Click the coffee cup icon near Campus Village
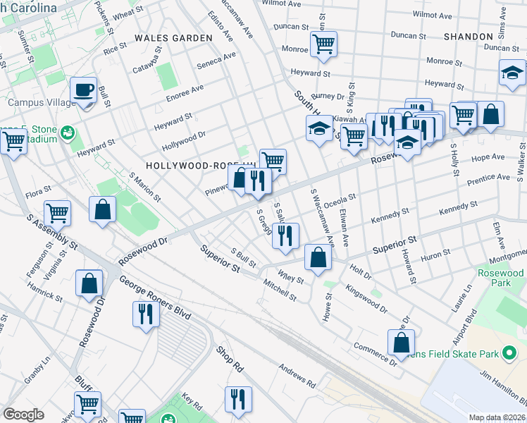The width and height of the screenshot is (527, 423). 84,90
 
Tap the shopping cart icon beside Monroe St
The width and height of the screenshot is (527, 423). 323,44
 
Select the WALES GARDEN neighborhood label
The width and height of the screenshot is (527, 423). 173,37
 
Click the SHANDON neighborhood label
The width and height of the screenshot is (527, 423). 469,36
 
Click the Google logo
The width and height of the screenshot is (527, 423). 23,414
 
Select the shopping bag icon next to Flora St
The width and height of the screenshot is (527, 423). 103,209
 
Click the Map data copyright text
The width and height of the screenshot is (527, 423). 497,417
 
